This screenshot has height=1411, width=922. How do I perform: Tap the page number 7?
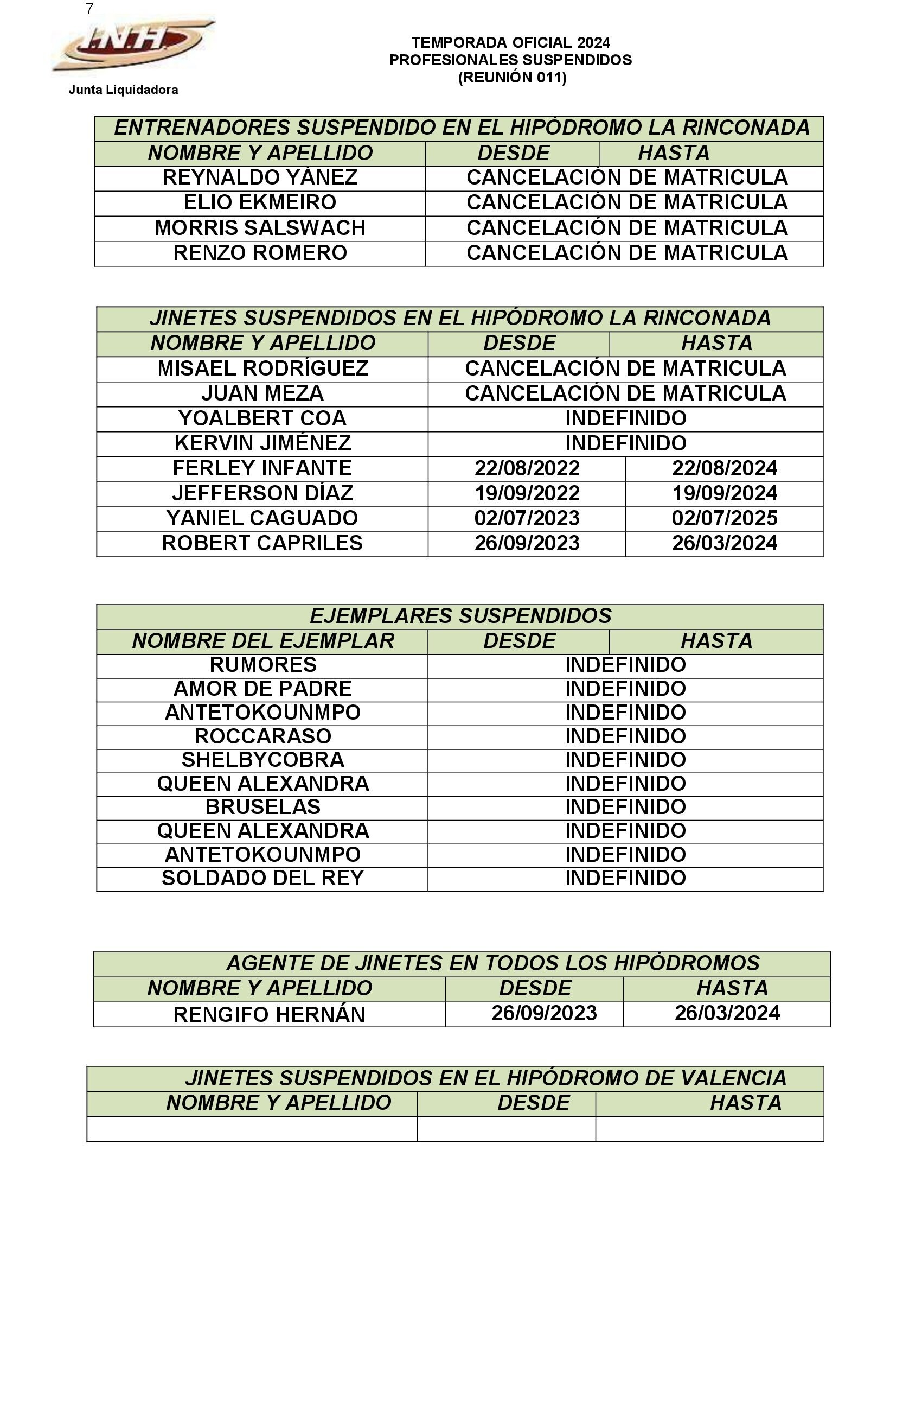89,9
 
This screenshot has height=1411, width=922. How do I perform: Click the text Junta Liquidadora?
123,90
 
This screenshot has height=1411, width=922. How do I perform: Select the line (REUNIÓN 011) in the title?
512,78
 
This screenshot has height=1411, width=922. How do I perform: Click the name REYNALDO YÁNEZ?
260,177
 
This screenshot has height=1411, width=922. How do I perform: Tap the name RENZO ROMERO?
260,252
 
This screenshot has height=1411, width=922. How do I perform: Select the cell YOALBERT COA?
262,418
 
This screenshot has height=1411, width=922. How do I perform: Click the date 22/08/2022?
527,468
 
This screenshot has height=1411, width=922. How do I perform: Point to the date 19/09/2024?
724,493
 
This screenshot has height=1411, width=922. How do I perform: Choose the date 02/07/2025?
724,518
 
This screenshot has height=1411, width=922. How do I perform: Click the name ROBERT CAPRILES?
262,543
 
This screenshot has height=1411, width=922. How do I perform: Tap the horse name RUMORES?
263,665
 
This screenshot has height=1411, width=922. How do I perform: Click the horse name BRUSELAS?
263,807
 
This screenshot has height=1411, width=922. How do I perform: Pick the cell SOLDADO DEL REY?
263,878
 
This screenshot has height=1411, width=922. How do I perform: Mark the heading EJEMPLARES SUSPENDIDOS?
460,616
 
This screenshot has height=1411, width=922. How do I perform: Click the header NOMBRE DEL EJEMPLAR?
263,641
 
